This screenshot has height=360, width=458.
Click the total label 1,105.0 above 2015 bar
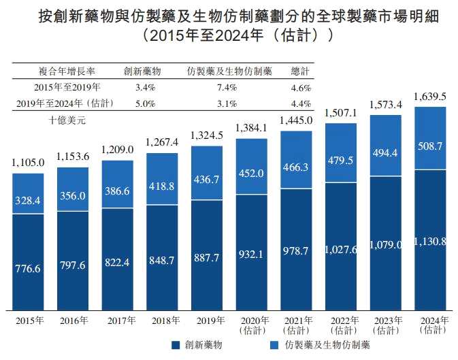tap(28, 163)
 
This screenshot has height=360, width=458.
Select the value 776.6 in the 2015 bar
tap(28, 269)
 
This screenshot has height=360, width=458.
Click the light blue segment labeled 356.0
tap(72, 196)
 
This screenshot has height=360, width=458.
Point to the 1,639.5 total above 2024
tap(430, 97)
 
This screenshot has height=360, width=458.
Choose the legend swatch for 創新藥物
tap(175, 345)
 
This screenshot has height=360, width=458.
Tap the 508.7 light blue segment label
tap(430, 146)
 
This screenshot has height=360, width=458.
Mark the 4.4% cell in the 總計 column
tap(300, 103)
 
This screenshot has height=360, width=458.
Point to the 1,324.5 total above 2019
tap(206, 135)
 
